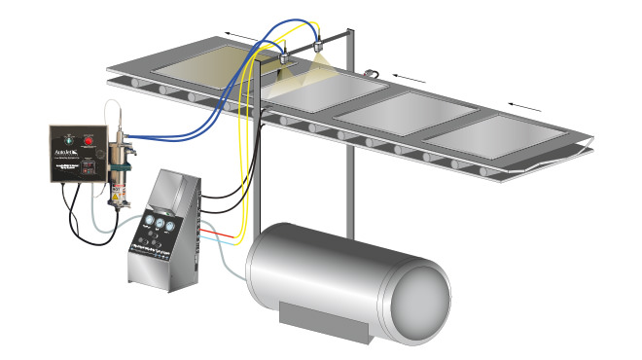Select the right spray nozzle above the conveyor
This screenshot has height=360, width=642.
click(x=320, y=46)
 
